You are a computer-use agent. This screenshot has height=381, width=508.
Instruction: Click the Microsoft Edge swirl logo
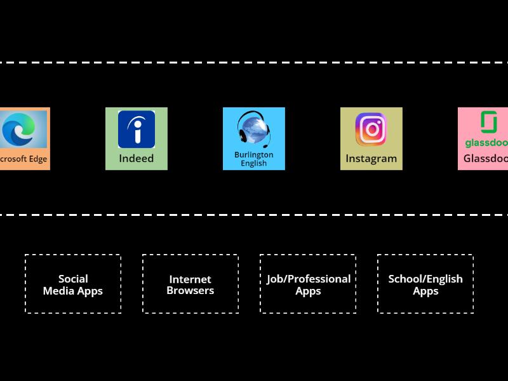22,130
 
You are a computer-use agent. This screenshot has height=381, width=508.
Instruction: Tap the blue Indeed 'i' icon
137,130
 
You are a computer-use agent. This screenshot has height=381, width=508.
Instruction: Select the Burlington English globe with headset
253,129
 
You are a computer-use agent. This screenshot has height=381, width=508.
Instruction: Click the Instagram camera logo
371,130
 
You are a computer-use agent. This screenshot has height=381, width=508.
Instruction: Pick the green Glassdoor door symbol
488,121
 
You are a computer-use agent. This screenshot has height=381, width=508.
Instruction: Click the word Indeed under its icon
137,158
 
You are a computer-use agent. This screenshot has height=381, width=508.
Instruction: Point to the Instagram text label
371,159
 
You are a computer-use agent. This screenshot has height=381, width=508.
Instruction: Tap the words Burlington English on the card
254,159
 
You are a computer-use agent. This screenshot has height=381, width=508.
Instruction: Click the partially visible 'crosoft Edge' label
23,159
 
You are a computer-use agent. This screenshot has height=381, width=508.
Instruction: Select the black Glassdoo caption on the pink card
486,159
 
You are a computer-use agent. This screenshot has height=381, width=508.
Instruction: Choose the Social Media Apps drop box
73,284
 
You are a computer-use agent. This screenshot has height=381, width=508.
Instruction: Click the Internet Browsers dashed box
190,284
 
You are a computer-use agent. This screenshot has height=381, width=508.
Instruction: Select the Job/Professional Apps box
308,284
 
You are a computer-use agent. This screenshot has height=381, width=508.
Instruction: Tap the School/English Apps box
425,284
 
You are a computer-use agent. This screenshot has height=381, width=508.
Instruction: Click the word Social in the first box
73,279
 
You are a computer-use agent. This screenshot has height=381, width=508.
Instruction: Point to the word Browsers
190,291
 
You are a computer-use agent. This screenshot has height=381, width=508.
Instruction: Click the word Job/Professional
309,279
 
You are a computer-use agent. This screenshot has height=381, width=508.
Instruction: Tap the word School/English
425,279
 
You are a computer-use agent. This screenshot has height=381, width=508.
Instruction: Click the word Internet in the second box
190,279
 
